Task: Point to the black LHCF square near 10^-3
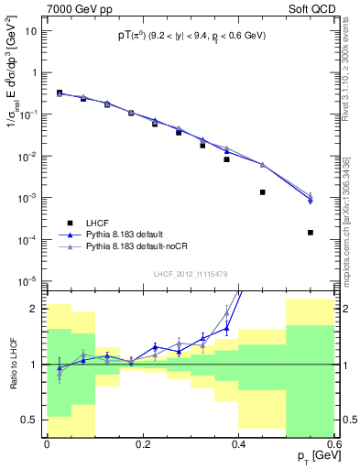263,192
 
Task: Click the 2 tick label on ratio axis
36,309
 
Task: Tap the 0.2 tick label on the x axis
142,444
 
